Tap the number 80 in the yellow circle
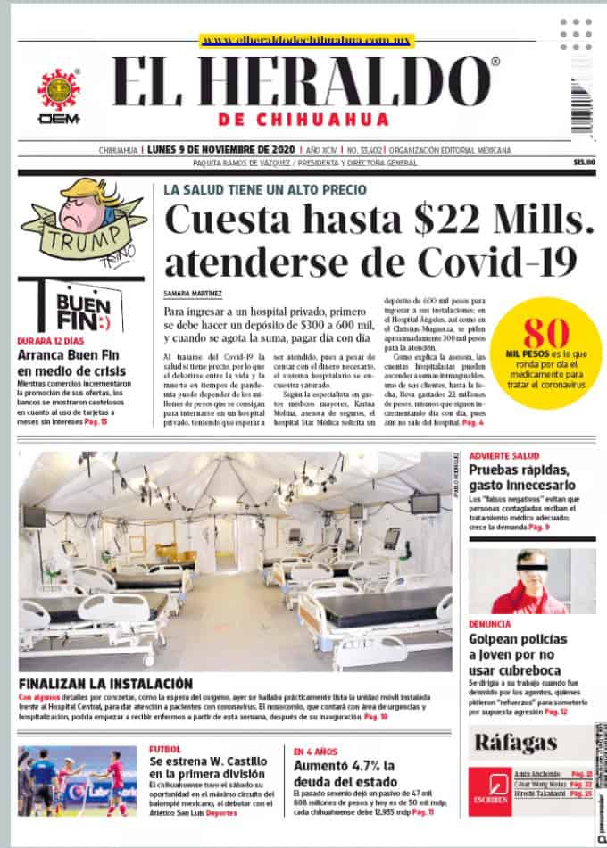point(546,334)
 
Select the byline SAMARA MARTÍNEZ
point(193,292)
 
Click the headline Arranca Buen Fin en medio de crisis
point(74,362)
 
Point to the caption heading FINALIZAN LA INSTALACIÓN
point(105,682)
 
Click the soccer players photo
point(77,780)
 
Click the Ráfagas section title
point(516,742)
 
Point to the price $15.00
point(584,162)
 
